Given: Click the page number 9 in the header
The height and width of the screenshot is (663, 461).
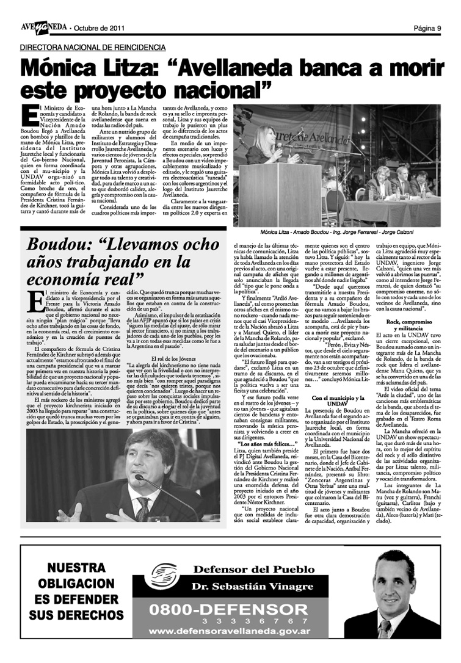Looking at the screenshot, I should tap(438, 28).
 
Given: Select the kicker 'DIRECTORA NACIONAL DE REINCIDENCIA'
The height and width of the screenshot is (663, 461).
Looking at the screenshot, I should tap(92, 47).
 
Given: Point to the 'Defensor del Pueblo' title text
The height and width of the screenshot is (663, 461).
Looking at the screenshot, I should tap(245, 571).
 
